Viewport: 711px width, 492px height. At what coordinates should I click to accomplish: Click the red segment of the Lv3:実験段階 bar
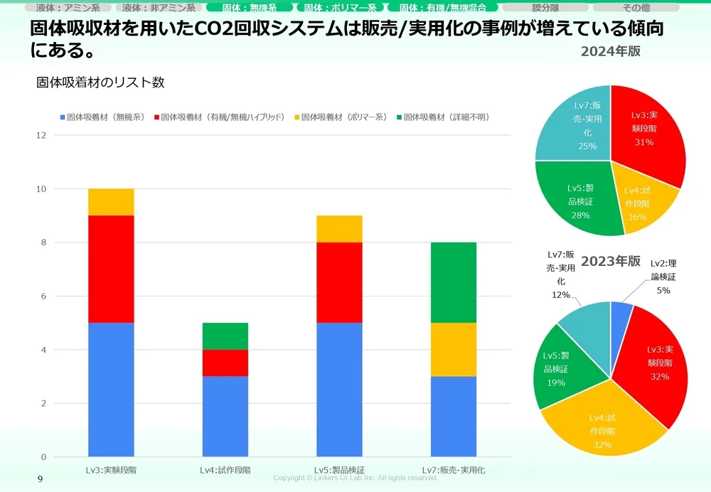pyautogui.click(x=111, y=269)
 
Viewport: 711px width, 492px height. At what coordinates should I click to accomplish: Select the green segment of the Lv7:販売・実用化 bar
pyautogui.click(x=454, y=282)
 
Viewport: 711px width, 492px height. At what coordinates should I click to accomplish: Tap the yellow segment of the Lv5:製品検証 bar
pyautogui.click(x=339, y=229)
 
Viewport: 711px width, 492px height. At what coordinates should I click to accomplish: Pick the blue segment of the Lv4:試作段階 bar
pyautogui.click(x=225, y=416)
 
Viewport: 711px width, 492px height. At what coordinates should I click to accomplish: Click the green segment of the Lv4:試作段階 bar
pyautogui.click(x=225, y=336)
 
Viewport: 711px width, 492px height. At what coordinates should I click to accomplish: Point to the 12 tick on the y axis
pyautogui.click(x=41, y=135)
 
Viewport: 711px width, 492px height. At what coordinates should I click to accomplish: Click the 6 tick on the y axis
pyautogui.click(x=43, y=296)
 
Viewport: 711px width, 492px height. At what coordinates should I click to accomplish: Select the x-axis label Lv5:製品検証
pyautogui.click(x=339, y=470)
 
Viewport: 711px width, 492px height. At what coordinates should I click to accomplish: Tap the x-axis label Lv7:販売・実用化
pyautogui.click(x=454, y=470)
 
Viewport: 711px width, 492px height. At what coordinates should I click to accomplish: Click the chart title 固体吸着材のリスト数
pyautogui.click(x=100, y=82)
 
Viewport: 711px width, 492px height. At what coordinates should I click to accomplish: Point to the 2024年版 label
pyautogui.click(x=610, y=51)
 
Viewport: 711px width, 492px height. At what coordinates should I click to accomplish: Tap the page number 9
pyautogui.click(x=40, y=479)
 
